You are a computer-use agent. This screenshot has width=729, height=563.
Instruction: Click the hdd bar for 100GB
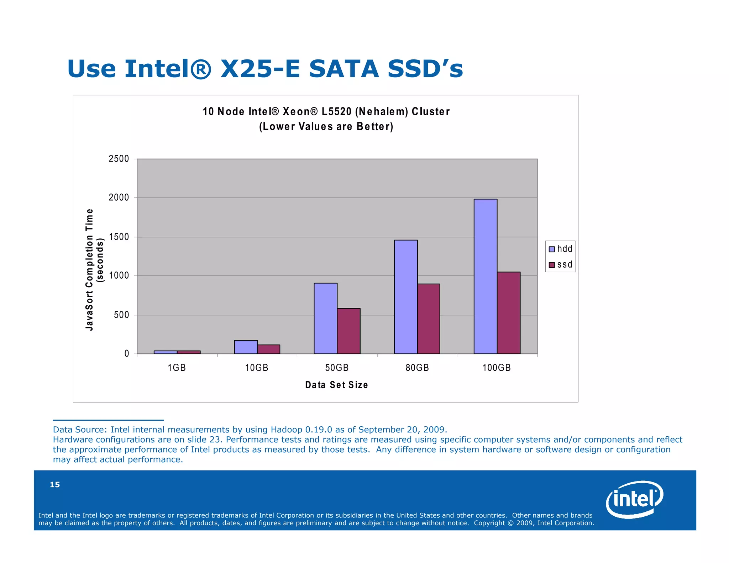coord(485,276)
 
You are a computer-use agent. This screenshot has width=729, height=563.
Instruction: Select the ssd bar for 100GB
coord(508,313)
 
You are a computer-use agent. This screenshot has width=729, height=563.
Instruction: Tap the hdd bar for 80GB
coord(406,297)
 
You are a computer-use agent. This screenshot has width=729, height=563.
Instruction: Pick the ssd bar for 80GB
coord(429,319)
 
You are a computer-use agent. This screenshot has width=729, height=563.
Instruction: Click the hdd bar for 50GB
coord(325,318)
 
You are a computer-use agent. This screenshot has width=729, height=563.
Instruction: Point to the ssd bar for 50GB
coord(348,331)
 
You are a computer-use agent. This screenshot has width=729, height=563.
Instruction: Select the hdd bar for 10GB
coord(246,347)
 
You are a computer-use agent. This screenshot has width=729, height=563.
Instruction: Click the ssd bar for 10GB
coord(268,349)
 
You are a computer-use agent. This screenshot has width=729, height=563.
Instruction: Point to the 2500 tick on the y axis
coord(119,159)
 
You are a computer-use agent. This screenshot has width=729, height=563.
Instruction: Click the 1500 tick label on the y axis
coord(119,237)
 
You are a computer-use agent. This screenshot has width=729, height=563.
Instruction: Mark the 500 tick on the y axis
coord(121,315)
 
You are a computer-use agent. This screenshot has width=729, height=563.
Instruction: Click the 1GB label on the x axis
coord(177,368)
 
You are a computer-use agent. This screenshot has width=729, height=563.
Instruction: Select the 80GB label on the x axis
coord(417,368)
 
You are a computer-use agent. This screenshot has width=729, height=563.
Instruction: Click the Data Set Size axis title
coord(336,385)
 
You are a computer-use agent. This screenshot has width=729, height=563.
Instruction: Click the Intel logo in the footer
coord(634,499)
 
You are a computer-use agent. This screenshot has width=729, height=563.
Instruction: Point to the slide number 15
coord(55,484)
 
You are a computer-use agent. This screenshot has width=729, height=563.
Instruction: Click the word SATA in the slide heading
coord(343,69)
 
